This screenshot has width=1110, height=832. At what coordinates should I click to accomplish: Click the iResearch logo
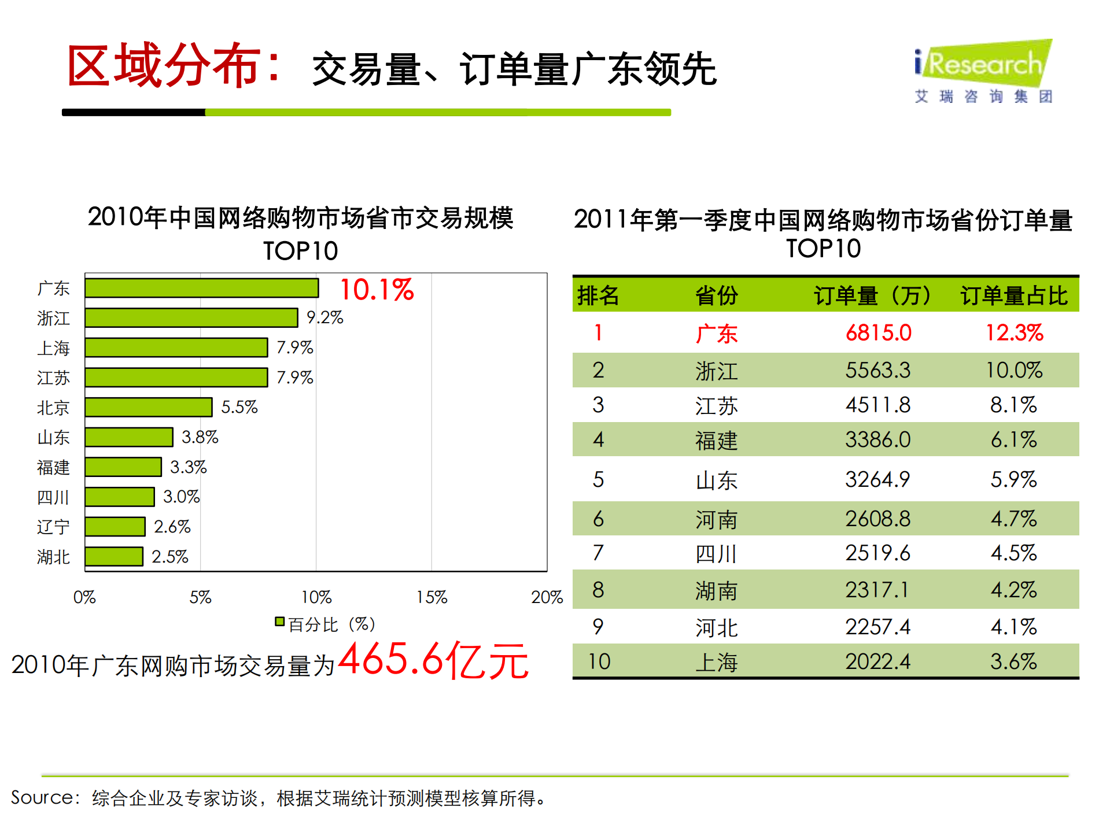pyautogui.click(x=983, y=71)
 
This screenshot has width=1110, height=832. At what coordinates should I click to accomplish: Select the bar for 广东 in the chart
pyautogui.click(x=201, y=288)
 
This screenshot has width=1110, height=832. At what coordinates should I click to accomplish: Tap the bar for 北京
pyautogui.click(x=148, y=407)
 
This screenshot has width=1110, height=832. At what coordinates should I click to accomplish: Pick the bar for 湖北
pyautogui.click(x=113, y=556)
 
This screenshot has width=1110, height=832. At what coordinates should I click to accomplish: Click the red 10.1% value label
pyautogui.click(x=377, y=290)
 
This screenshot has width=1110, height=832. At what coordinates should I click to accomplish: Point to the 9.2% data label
pyautogui.click(x=324, y=317)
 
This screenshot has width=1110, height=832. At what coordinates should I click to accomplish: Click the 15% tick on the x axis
pyautogui.click(x=432, y=597)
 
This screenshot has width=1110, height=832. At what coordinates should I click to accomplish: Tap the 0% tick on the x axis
pyautogui.click(x=84, y=597)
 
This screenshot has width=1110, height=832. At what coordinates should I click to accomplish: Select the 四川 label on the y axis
pyautogui.click(x=53, y=497)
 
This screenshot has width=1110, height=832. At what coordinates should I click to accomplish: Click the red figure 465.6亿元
pyautogui.click(x=433, y=660)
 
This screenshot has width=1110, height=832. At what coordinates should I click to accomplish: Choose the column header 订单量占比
pyautogui.click(x=1013, y=295)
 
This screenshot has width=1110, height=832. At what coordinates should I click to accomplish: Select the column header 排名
pyautogui.click(x=598, y=295)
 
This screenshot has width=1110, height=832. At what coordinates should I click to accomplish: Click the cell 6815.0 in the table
pyautogui.click(x=878, y=333)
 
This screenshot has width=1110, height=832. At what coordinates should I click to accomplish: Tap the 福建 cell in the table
pyautogui.click(x=716, y=441)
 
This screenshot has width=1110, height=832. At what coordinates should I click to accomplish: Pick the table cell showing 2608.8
pyautogui.click(x=877, y=519)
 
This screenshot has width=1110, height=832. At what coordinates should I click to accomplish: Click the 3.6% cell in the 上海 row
pyautogui.click(x=1013, y=661)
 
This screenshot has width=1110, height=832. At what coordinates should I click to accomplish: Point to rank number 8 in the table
pyautogui.click(x=598, y=590)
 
